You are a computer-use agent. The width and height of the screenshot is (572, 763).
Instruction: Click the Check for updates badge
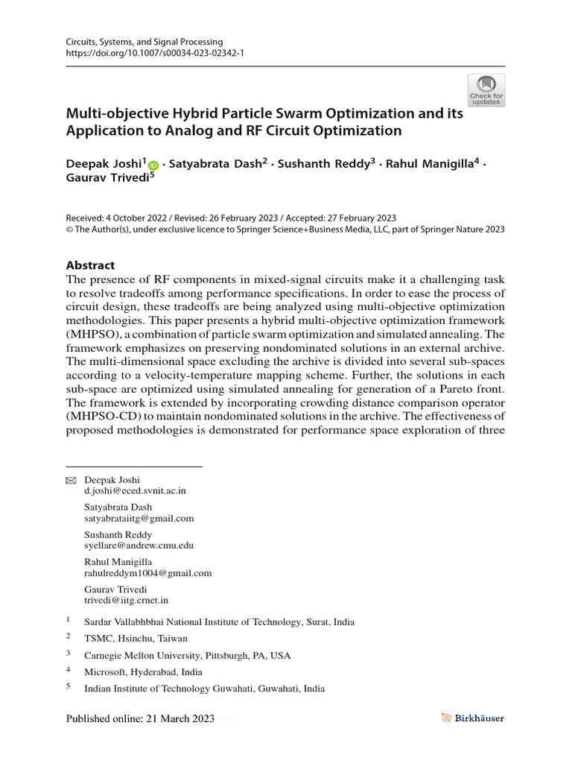coord(486,90)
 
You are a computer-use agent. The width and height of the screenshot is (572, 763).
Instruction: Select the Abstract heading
coord(91,265)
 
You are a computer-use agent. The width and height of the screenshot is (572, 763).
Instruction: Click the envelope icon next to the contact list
coord(71,480)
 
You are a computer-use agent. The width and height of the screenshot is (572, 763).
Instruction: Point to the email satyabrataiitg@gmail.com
coord(139,518)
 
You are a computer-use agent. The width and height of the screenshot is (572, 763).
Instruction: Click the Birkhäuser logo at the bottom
coord(471,718)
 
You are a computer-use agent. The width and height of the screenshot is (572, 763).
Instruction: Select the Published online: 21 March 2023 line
coord(141,718)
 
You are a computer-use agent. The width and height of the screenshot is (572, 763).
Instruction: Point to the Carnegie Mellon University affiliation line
coord(187,656)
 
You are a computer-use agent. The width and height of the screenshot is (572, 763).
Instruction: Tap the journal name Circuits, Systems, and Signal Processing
coord(139,42)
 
